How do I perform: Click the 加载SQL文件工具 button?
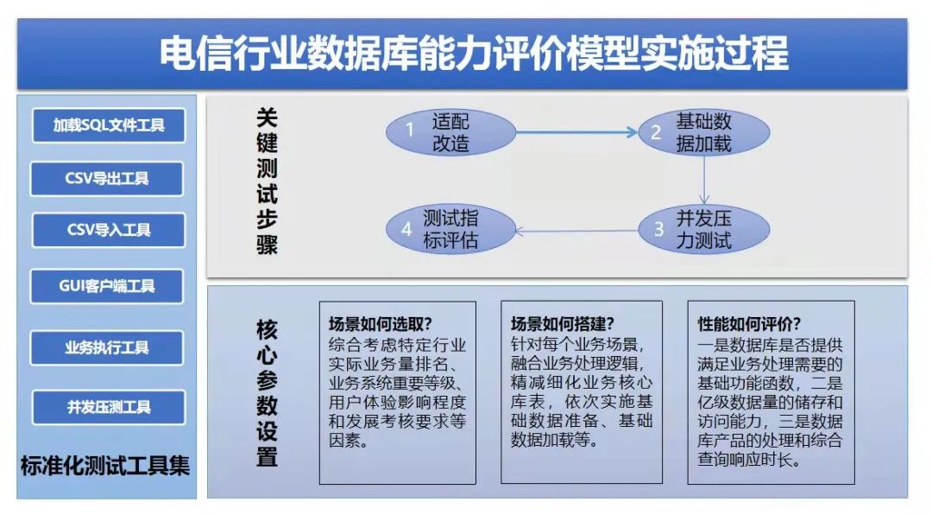pyautogui.click(x=109, y=125)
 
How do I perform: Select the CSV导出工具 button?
pyautogui.click(x=107, y=178)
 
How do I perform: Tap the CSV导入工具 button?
pyautogui.click(x=109, y=230)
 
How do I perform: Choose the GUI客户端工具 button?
pyautogui.click(x=107, y=286)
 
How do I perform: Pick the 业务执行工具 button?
pyautogui.click(x=107, y=347)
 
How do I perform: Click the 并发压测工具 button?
pyautogui.click(x=109, y=407)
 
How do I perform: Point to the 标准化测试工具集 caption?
pyautogui.click(x=105, y=466)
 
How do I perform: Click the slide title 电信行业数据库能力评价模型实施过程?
pyautogui.click(x=474, y=54)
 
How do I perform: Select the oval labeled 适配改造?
pyautogui.click(x=450, y=132)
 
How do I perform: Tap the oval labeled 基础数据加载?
pyautogui.click(x=704, y=132)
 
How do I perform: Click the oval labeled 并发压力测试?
pyautogui.click(x=704, y=229)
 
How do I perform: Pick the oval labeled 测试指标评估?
pyautogui.click(x=450, y=229)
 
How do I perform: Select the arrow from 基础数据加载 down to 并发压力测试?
pyautogui.click(x=704, y=181)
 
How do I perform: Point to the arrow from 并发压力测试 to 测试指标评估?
pyautogui.click(x=576, y=231)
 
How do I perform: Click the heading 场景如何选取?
pyautogui.click(x=380, y=324)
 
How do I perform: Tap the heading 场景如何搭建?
pyautogui.click(x=562, y=324)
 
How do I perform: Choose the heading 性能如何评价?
pyautogui.click(x=749, y=324)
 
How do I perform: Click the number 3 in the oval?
pyautogui.click(x=658, y=229)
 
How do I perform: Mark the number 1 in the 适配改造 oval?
pyautogui.click(x=410, y=130)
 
